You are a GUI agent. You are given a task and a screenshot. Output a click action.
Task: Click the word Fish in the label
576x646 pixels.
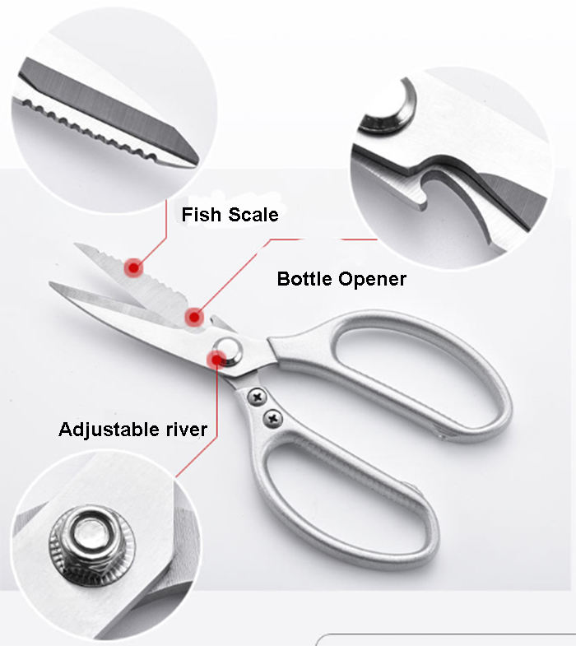201,216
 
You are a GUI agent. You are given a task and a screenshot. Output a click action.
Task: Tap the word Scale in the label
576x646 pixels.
252,216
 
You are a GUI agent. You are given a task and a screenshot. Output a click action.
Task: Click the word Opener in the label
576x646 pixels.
371,280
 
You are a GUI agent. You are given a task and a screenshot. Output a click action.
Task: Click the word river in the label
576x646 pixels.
185,429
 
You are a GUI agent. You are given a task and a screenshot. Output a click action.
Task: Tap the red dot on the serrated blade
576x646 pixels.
132,267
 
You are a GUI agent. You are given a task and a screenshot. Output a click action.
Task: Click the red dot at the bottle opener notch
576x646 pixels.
194,316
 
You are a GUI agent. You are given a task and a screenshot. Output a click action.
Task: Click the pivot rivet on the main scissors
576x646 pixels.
228,348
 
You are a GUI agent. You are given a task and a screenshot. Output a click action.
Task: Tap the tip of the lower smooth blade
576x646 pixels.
51,286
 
